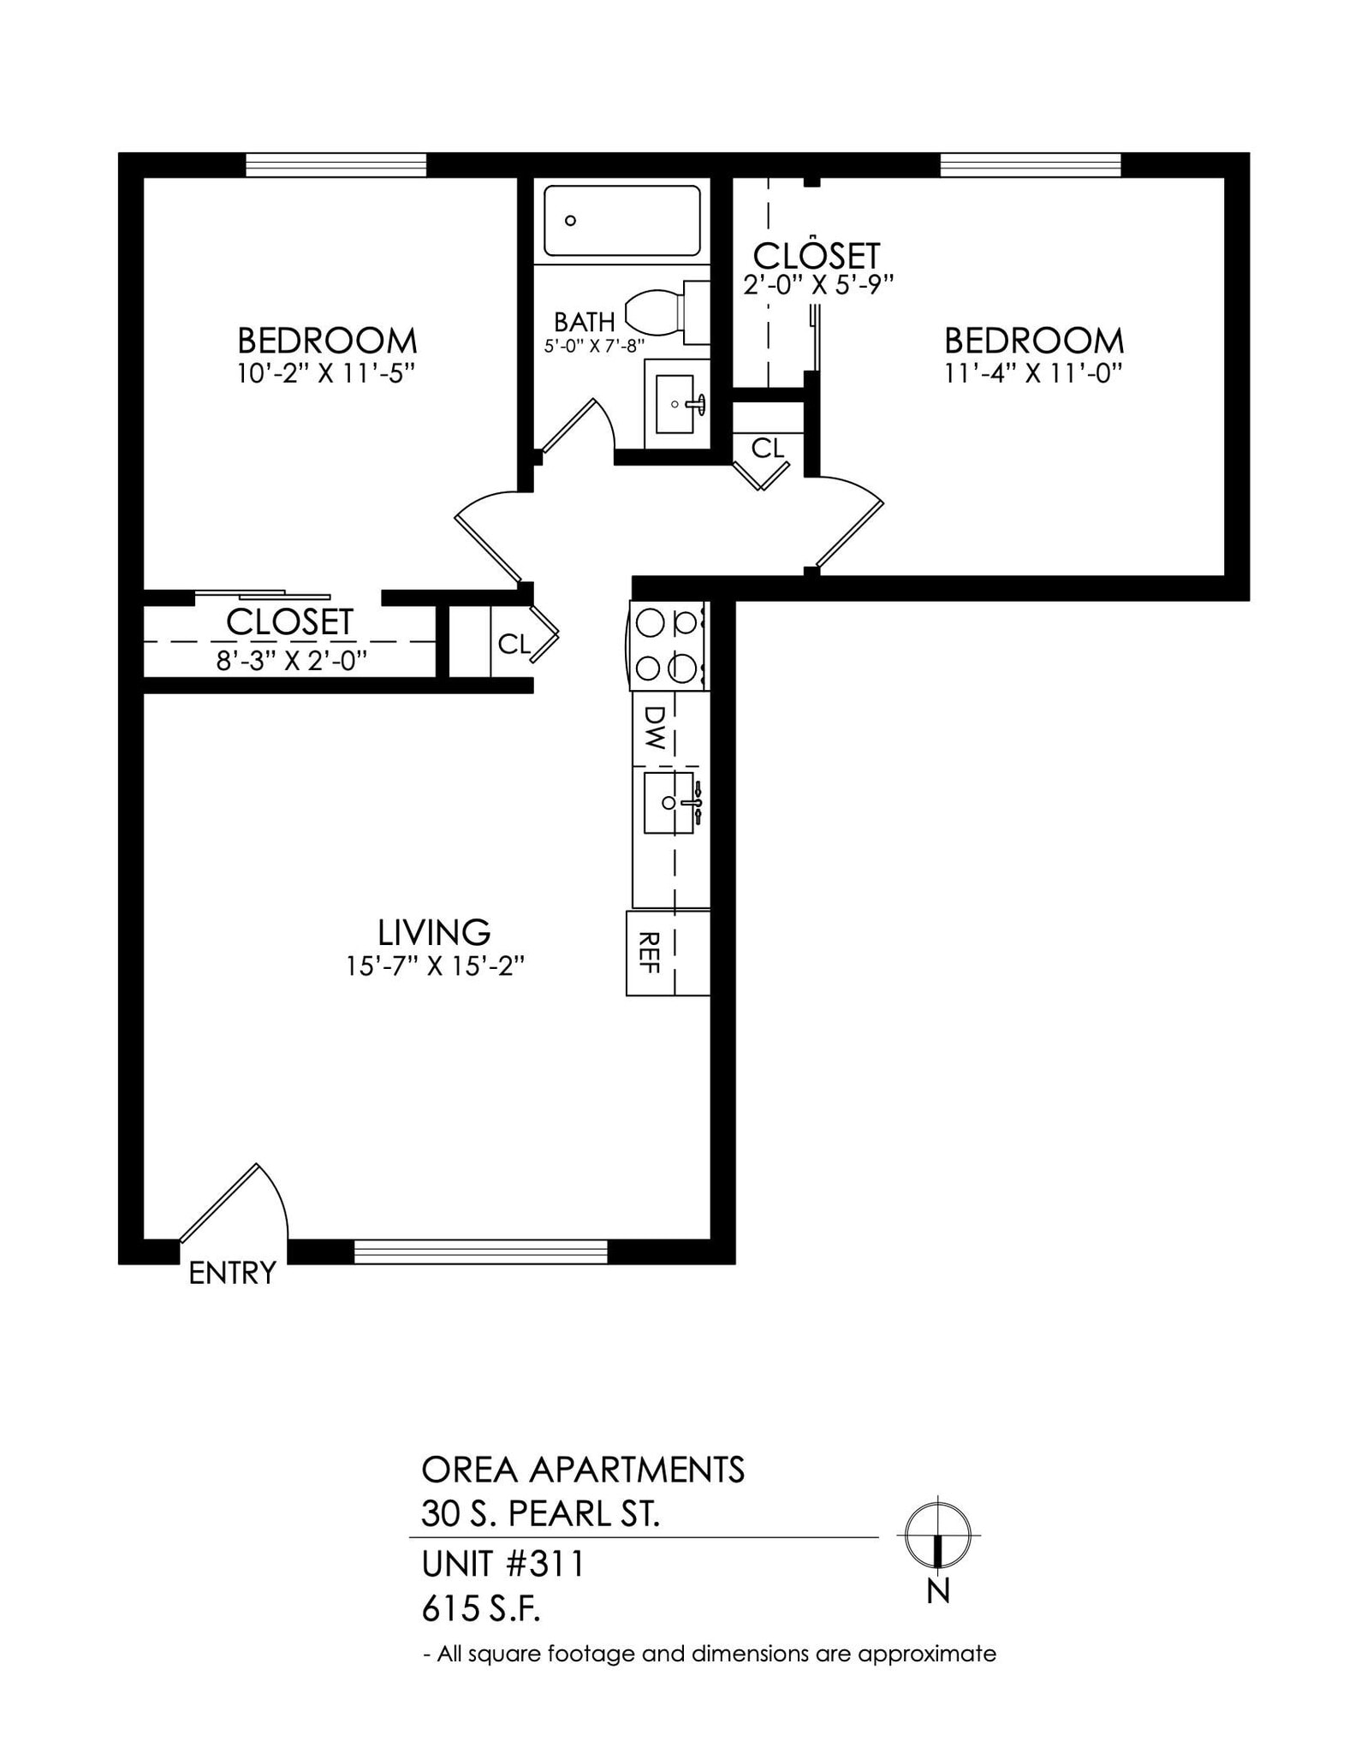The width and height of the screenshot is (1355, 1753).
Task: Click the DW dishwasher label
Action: coord(654,728)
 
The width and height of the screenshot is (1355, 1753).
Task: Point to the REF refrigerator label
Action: coord(649,952)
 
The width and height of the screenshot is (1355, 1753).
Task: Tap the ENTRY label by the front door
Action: coord(232,1273)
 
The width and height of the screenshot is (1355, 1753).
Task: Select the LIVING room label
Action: coord(434,931)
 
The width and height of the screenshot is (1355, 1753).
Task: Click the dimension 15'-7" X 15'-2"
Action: coord(434,966)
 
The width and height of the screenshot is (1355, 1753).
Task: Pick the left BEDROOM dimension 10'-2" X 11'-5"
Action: coord(326,374)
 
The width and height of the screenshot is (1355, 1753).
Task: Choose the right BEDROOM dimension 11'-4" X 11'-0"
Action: coord(1033,374)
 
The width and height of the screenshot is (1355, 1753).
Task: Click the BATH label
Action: coord(585,322)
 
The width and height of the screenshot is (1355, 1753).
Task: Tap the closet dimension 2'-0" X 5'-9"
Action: coord(817,285)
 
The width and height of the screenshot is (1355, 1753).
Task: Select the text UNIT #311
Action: coord(502,1565)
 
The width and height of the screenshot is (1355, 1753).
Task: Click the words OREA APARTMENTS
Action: coord(583,1470)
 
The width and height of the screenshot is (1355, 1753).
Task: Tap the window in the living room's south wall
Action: coord(480,1251)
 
